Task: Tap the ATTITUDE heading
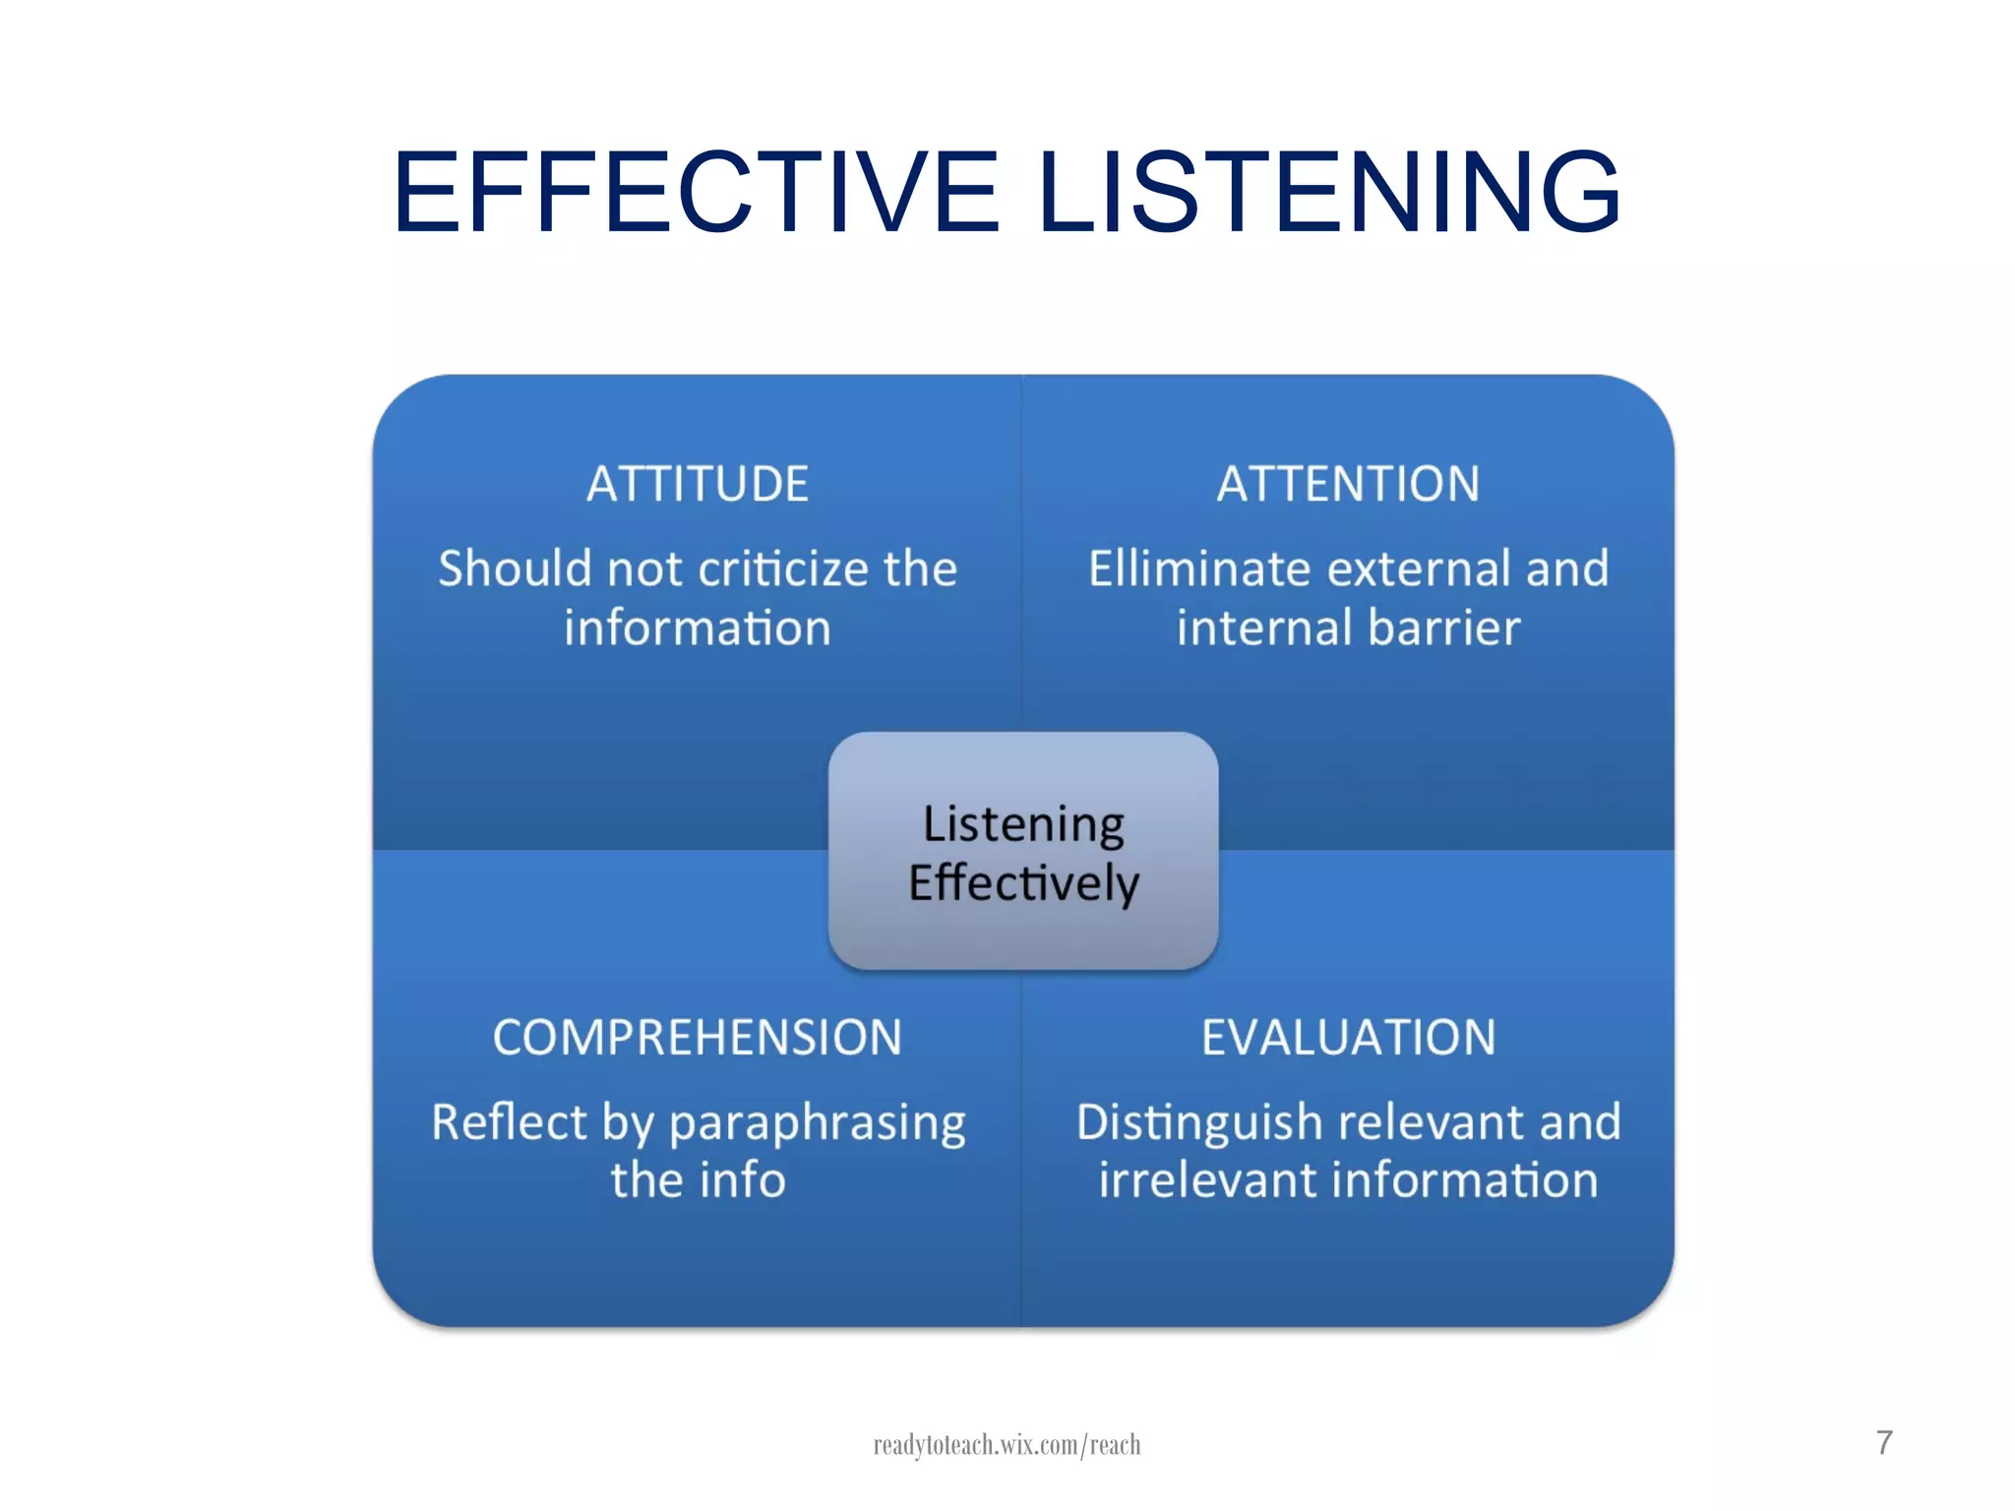tap(698, 484)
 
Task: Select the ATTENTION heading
tap(1348, 484)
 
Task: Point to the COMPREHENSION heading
tap(698, 1037)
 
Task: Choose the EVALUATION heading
tap(1348, 1037)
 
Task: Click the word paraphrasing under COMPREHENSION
tap(818, 1122)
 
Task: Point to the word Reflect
tap(509, 1122)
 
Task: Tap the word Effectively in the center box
tap(1023, 882)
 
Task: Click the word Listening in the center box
tap(1023, 824)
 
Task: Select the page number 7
tap(1884, 1442)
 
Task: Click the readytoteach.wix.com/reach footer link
tap(1007, 1444)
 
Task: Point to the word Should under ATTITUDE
tap(516, 569)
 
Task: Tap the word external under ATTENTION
tap(1419, 569)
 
